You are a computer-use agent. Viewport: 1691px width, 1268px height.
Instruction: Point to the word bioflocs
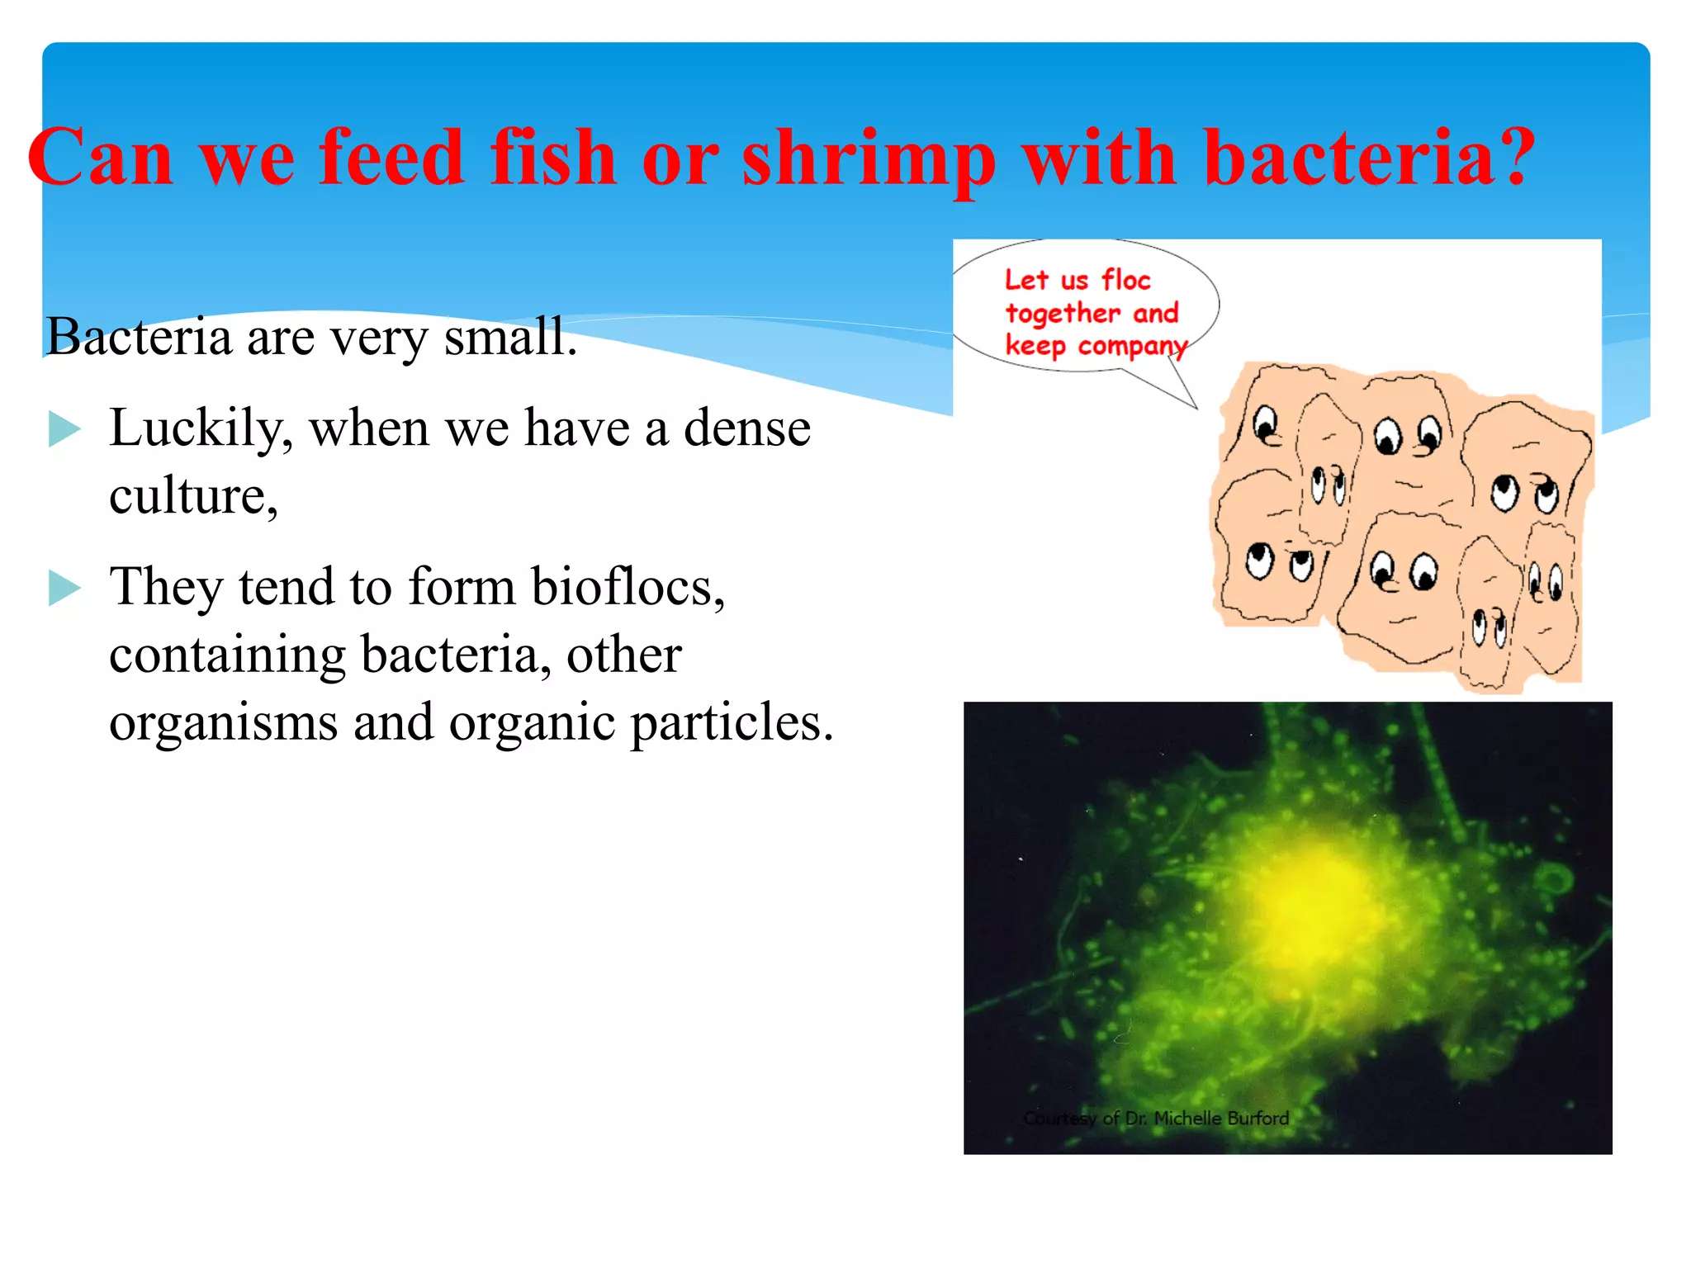pyautogui.click(x=628, y=587)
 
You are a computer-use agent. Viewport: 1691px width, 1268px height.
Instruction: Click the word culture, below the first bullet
pyautogui.click(x=193, y=497)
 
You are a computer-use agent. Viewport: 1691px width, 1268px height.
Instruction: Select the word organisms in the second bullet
pyautogui.click(x=223, y=723)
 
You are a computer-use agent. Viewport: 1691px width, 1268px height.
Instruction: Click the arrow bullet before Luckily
pyautogui.click(x=64, y=429)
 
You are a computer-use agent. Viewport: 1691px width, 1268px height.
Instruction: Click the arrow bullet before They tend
pyautogui.click(x=64, y=588)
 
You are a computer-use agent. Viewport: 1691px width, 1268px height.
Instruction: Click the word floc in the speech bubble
pyautogui.click(x=1125, y=280)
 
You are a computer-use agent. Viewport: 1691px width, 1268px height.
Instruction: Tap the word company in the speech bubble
pyautogui.click(x=1132, y=346)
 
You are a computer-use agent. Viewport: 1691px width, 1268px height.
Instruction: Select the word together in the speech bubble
pyautogui.click(x=1063, y=314)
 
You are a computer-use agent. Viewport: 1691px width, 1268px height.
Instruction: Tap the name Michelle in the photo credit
pyautogui.click(x=1188, y=1119)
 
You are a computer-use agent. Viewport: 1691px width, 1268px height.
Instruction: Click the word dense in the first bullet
pyautogui.click(x=747, y=429)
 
